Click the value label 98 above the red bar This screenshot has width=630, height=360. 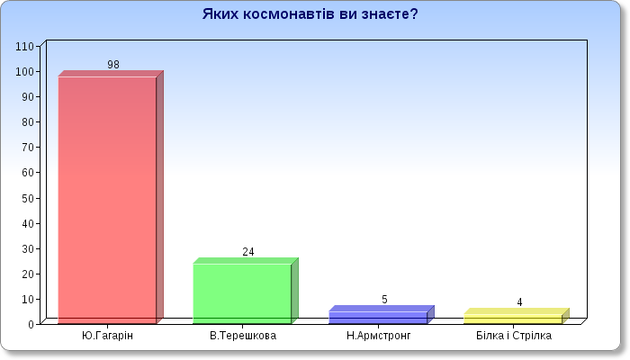tap(113, 64)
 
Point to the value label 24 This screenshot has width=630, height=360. tap(248, 251)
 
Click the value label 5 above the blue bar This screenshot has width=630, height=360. tap(384, 300)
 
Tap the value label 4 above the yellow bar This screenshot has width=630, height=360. tap(519, 302)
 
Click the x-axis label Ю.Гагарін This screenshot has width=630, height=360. tap(107, 336)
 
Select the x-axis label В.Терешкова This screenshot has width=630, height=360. tap(243, 336)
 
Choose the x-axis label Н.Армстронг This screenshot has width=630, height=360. tap(379, 336)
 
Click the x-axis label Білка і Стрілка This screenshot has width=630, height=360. tap(514, 336)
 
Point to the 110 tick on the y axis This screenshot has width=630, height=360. tap(25, 47)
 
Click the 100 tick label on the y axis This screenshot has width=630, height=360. tap(25, 72)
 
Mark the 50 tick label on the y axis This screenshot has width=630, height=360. tap(28, 199)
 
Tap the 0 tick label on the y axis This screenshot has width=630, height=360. tap(31, 324)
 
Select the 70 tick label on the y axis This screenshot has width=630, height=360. tap(28, 148)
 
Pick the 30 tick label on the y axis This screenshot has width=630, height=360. tap(28, 248)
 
